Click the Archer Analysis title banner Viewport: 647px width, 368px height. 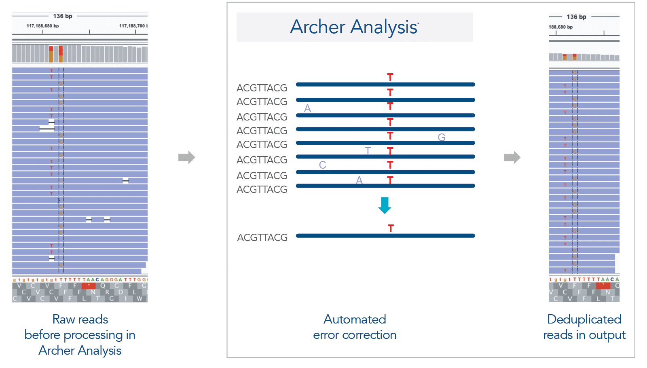[x=354, y=27]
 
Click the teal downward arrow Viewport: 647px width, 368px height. [x=385, y=205]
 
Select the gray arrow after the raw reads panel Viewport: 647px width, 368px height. [x=186, y=157]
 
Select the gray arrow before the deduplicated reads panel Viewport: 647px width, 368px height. [x=512, y=157]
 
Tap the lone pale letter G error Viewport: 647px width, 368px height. [x=442, y=137]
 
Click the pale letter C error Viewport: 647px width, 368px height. [x=322, y=165]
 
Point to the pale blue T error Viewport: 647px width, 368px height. [x=368, y=151]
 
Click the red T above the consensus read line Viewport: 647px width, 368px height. [x=390, y=228]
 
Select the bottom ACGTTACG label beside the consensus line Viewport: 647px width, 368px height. [x=262, y=237]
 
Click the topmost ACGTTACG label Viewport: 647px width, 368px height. [x=262, y=88]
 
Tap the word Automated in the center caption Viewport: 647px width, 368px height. [x=355, y=319]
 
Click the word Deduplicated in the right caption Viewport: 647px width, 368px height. [x=584, y=319]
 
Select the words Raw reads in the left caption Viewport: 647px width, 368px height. [x=80, y=319]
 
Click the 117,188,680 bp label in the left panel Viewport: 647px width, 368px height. [x=42, y=26]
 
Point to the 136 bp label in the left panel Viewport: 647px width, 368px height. [x=63, y=16]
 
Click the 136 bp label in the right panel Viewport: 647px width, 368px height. [x=576, y=17]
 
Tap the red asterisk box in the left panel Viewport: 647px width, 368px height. [x=89, y=286]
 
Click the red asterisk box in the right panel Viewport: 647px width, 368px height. [x=603, y=286]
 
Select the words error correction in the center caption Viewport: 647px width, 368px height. [x=355, y=335]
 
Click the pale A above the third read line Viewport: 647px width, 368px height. [x=307, y=108]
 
